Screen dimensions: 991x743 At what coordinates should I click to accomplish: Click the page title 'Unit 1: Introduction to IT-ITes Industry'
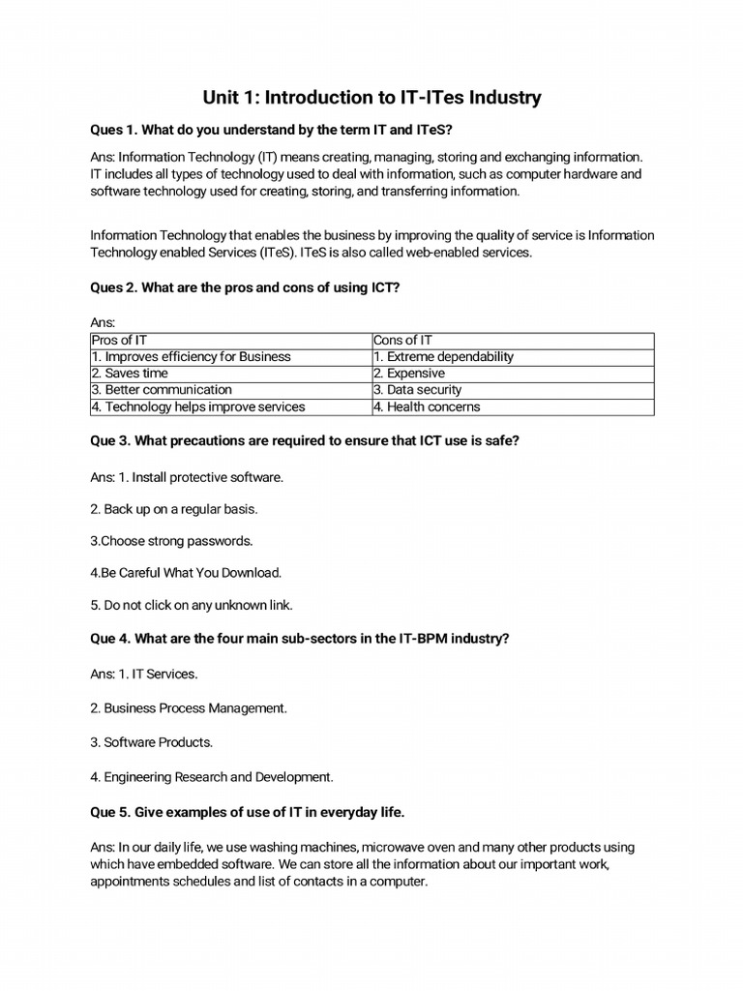pos(371,98)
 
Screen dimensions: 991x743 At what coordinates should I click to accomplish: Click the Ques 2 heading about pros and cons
pos(245,287)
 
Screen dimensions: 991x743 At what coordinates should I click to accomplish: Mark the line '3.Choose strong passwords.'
pos(171,541)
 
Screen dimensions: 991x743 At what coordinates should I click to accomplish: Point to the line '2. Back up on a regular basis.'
pos(174,508)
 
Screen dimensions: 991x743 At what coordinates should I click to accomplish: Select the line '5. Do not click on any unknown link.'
pos(192,605)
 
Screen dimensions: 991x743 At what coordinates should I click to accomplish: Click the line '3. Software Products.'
pos(152,742)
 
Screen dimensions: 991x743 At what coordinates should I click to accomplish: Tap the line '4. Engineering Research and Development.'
pos(212,776)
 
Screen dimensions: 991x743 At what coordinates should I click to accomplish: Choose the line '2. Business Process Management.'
pos(189,708)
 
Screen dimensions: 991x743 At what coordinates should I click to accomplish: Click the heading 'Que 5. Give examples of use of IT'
pos(253,811)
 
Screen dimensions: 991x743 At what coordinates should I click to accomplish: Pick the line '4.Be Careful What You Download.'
pos(186,573)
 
